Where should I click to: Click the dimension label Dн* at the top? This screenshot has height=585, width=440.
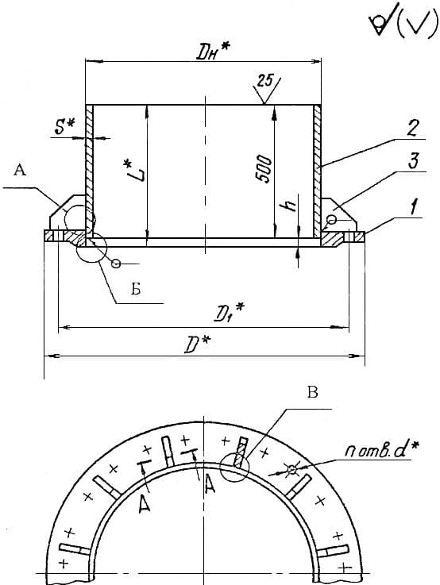click(x=214, y=53)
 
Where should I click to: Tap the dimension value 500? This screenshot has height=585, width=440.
click(x=264, y=169)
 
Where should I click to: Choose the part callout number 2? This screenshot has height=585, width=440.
click(x=412, y=128)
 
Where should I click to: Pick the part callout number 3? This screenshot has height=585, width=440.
click(x=412, y=161)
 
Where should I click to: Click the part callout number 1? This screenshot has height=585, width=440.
click(x=415, y=207)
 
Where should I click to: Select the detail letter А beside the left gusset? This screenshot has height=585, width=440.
click(x=20, y=171)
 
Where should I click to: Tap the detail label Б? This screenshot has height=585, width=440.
click(x=136, y=288)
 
